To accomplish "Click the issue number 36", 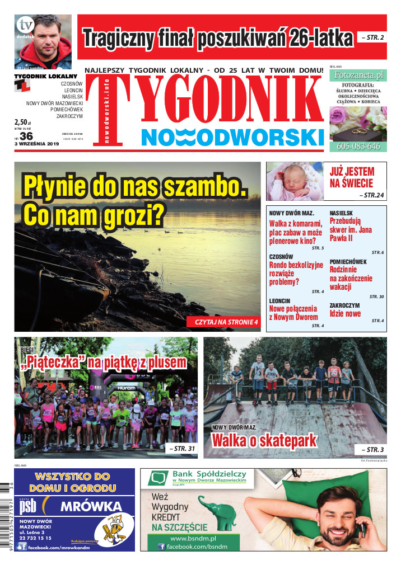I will [x=26, y=135].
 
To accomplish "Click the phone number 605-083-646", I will [x=358, y=147].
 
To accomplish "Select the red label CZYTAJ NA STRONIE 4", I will [x=226, y=322].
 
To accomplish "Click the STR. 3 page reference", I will [x=370, y=449].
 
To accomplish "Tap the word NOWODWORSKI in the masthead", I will [x=232, y=137].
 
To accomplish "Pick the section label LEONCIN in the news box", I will [x=279, y=300].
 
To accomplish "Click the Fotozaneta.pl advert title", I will [x=358, y=74].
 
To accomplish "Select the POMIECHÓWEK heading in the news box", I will [x=348, y=262].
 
